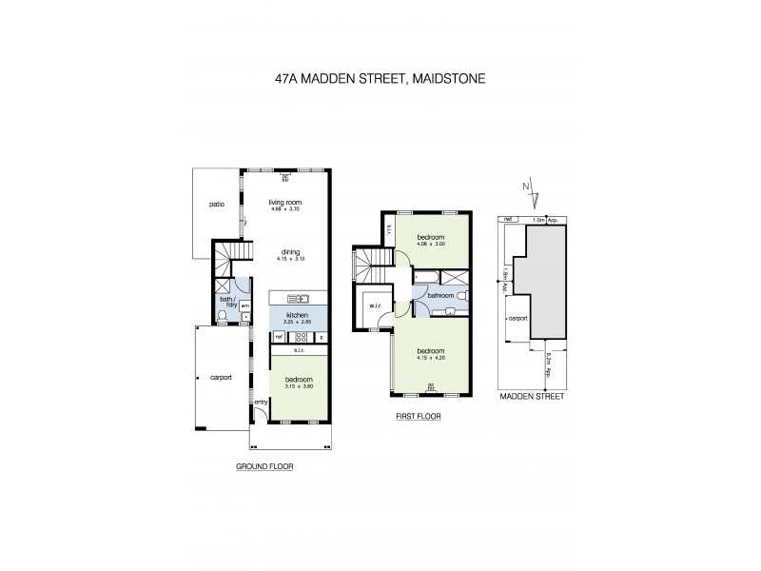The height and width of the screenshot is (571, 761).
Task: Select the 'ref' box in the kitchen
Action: tap(279, 336)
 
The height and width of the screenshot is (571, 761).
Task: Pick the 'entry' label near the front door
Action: tap(261, 403)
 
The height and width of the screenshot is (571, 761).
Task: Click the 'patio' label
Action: tap(217, 204)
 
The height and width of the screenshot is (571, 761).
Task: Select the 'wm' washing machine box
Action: tap(244, 305)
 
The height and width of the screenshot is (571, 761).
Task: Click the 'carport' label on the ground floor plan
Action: tap(221, 377)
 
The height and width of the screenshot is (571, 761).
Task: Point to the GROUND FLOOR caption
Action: tap(264, 467)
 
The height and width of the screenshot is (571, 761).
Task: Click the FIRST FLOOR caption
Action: tap(419, 417)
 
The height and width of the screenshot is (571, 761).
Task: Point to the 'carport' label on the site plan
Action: tap(518, 319)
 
